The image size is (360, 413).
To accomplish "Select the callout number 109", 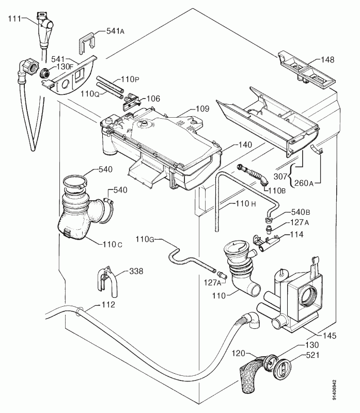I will click(202, 109).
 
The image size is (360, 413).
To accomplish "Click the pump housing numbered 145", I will click(302, 299).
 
